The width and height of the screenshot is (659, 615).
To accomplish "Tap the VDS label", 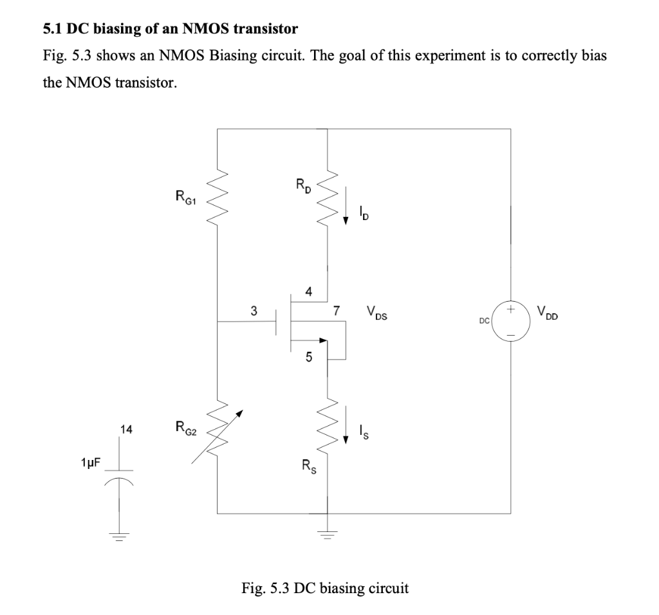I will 376,315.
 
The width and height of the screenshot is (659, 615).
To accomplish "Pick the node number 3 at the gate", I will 254,311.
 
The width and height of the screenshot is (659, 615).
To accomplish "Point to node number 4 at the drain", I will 309,291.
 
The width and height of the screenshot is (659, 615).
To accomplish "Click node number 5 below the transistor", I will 309,358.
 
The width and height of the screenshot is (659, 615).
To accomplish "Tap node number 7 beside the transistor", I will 336,311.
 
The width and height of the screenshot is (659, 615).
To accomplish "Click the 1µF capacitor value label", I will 90,463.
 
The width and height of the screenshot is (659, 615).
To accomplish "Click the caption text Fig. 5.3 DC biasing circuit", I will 324,588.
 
